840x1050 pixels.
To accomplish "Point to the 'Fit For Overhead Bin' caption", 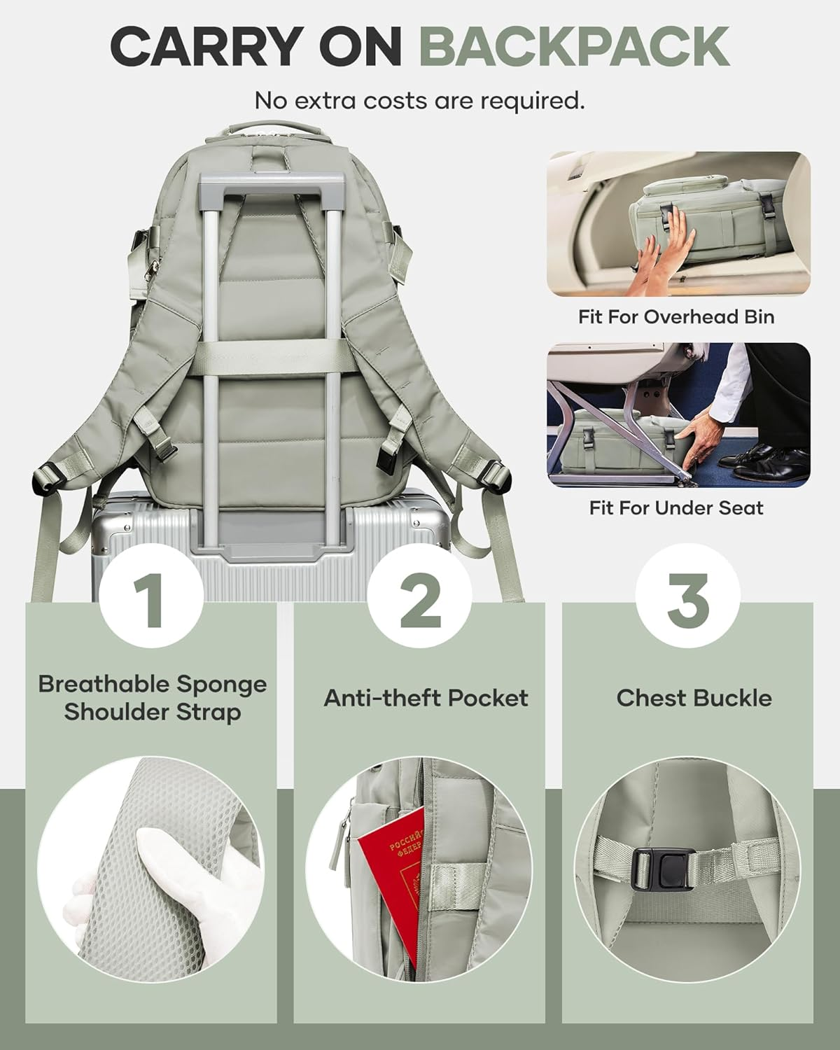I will pyautogui.click(x=676, y=316).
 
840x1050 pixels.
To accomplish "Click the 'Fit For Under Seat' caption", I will pyautogui.click(x=676, y=507).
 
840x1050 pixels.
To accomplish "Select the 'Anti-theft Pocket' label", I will pyautogui.click(x=426, y=698).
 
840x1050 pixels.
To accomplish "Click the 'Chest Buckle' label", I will pyautogui.click(x=694, y=698).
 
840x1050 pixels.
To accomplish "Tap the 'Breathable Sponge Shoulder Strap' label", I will pyautogui.click(x=153, y=698).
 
